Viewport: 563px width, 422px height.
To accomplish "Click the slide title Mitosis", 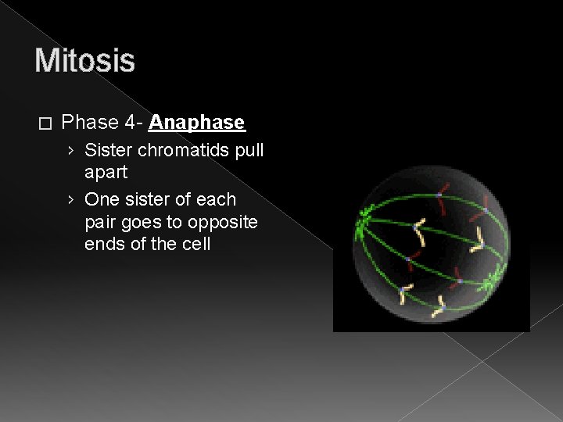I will [x=84, y=60].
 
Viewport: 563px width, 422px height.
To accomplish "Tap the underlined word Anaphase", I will [x=197, y=123].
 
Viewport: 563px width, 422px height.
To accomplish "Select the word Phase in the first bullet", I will [x=88, y=123].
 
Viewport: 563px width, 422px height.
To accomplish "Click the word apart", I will [x=106, y=171].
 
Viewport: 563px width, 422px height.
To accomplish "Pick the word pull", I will [x=249, y=148].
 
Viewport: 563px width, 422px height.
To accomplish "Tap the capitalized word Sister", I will [x=107, y=148].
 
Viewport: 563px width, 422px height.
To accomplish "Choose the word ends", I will [x=105, y=245].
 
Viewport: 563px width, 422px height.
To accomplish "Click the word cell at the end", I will [x=195, y=245].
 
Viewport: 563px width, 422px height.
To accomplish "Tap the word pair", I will [x=102, y=222].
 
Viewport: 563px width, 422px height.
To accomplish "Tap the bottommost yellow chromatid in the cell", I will [x=440, y=306].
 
